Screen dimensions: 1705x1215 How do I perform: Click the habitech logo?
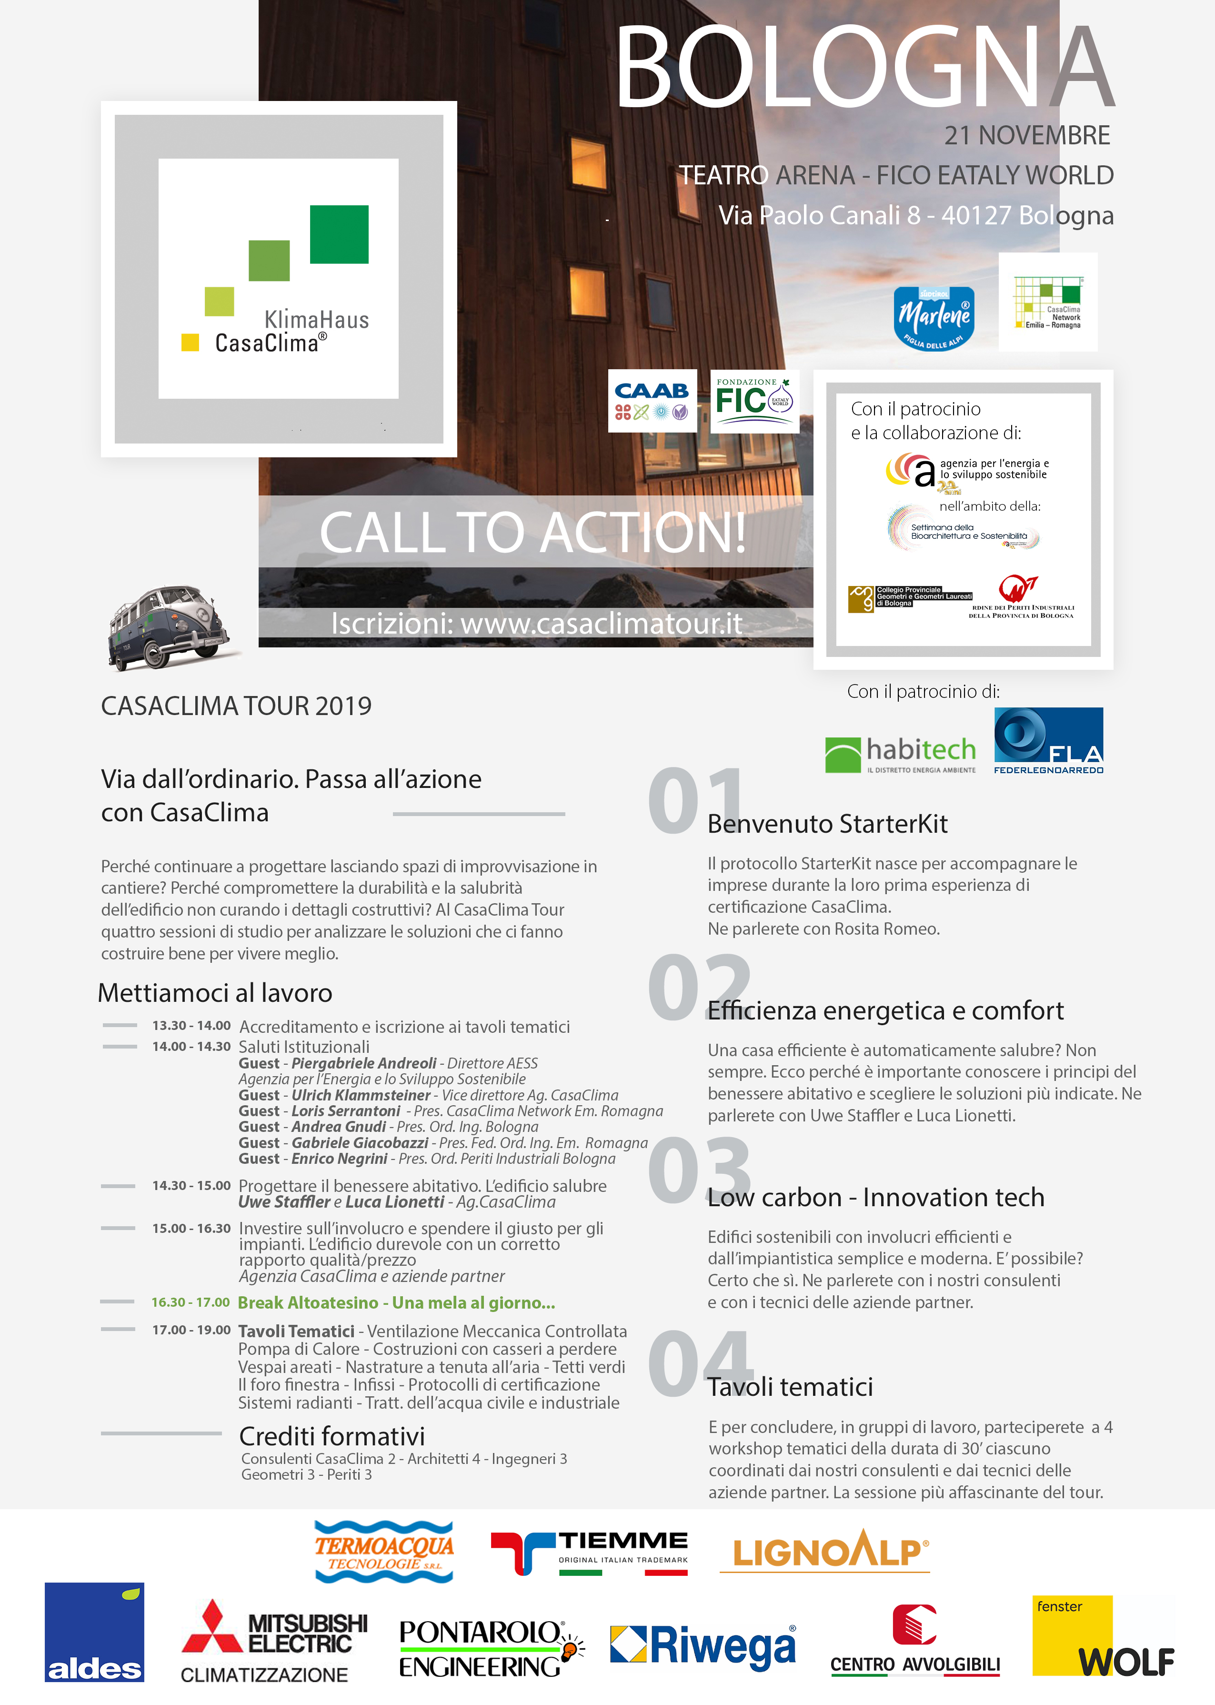(x=900, y=754)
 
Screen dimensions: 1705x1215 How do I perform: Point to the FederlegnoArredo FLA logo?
(x=1048, y=741)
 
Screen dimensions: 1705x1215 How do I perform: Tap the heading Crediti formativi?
(x=331, y=1436)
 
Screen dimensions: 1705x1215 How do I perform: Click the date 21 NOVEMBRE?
(x=1026, y=135)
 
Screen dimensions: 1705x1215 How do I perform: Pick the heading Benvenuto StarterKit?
(x=827, y=824)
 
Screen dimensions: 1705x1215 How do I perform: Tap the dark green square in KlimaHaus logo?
(x=339, y=234)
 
